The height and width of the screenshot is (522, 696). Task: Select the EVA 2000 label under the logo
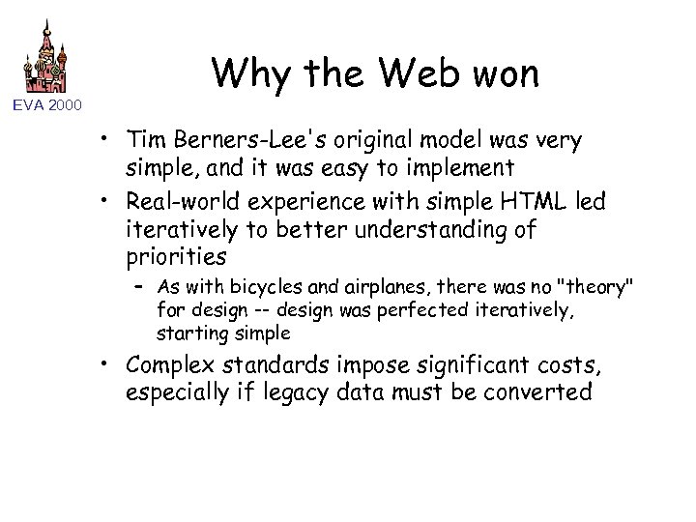pyautogui.click(x=47, y=104)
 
